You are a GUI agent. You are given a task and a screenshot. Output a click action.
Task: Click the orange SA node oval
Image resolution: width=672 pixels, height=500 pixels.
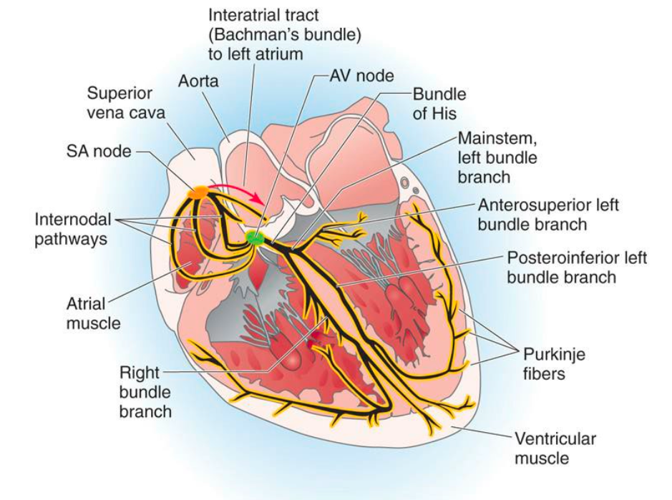[x=198, y=191]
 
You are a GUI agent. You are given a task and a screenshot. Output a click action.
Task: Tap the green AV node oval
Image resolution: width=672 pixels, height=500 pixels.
[x=254, y=237]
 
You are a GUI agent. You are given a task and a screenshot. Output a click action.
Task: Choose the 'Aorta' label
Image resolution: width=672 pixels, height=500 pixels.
[x=198, y=82]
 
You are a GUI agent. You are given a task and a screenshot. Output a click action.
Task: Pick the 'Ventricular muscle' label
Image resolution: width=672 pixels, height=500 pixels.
[x=555, y=448]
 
